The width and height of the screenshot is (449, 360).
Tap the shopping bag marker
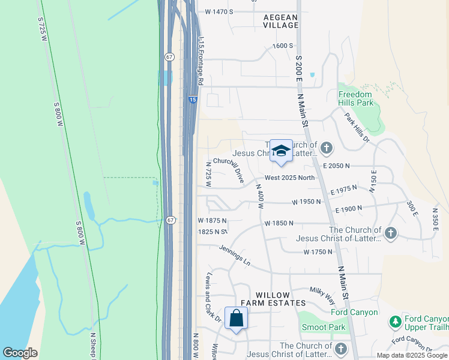[236, 317]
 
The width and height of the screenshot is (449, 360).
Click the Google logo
[20, 353]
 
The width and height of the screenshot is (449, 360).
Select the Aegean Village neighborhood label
[281, 21]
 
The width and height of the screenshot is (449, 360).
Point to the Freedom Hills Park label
[355, 98]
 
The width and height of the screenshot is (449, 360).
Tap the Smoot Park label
[324, 327]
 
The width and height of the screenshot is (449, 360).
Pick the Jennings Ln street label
[234, 255]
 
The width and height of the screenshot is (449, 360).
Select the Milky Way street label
[322, 295]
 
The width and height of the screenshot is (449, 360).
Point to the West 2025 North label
[289, 178]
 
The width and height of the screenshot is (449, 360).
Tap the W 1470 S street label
[218, 11]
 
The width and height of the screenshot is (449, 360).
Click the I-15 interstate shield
[191, 100]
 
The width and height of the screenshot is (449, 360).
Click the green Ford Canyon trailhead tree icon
[395, 322]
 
